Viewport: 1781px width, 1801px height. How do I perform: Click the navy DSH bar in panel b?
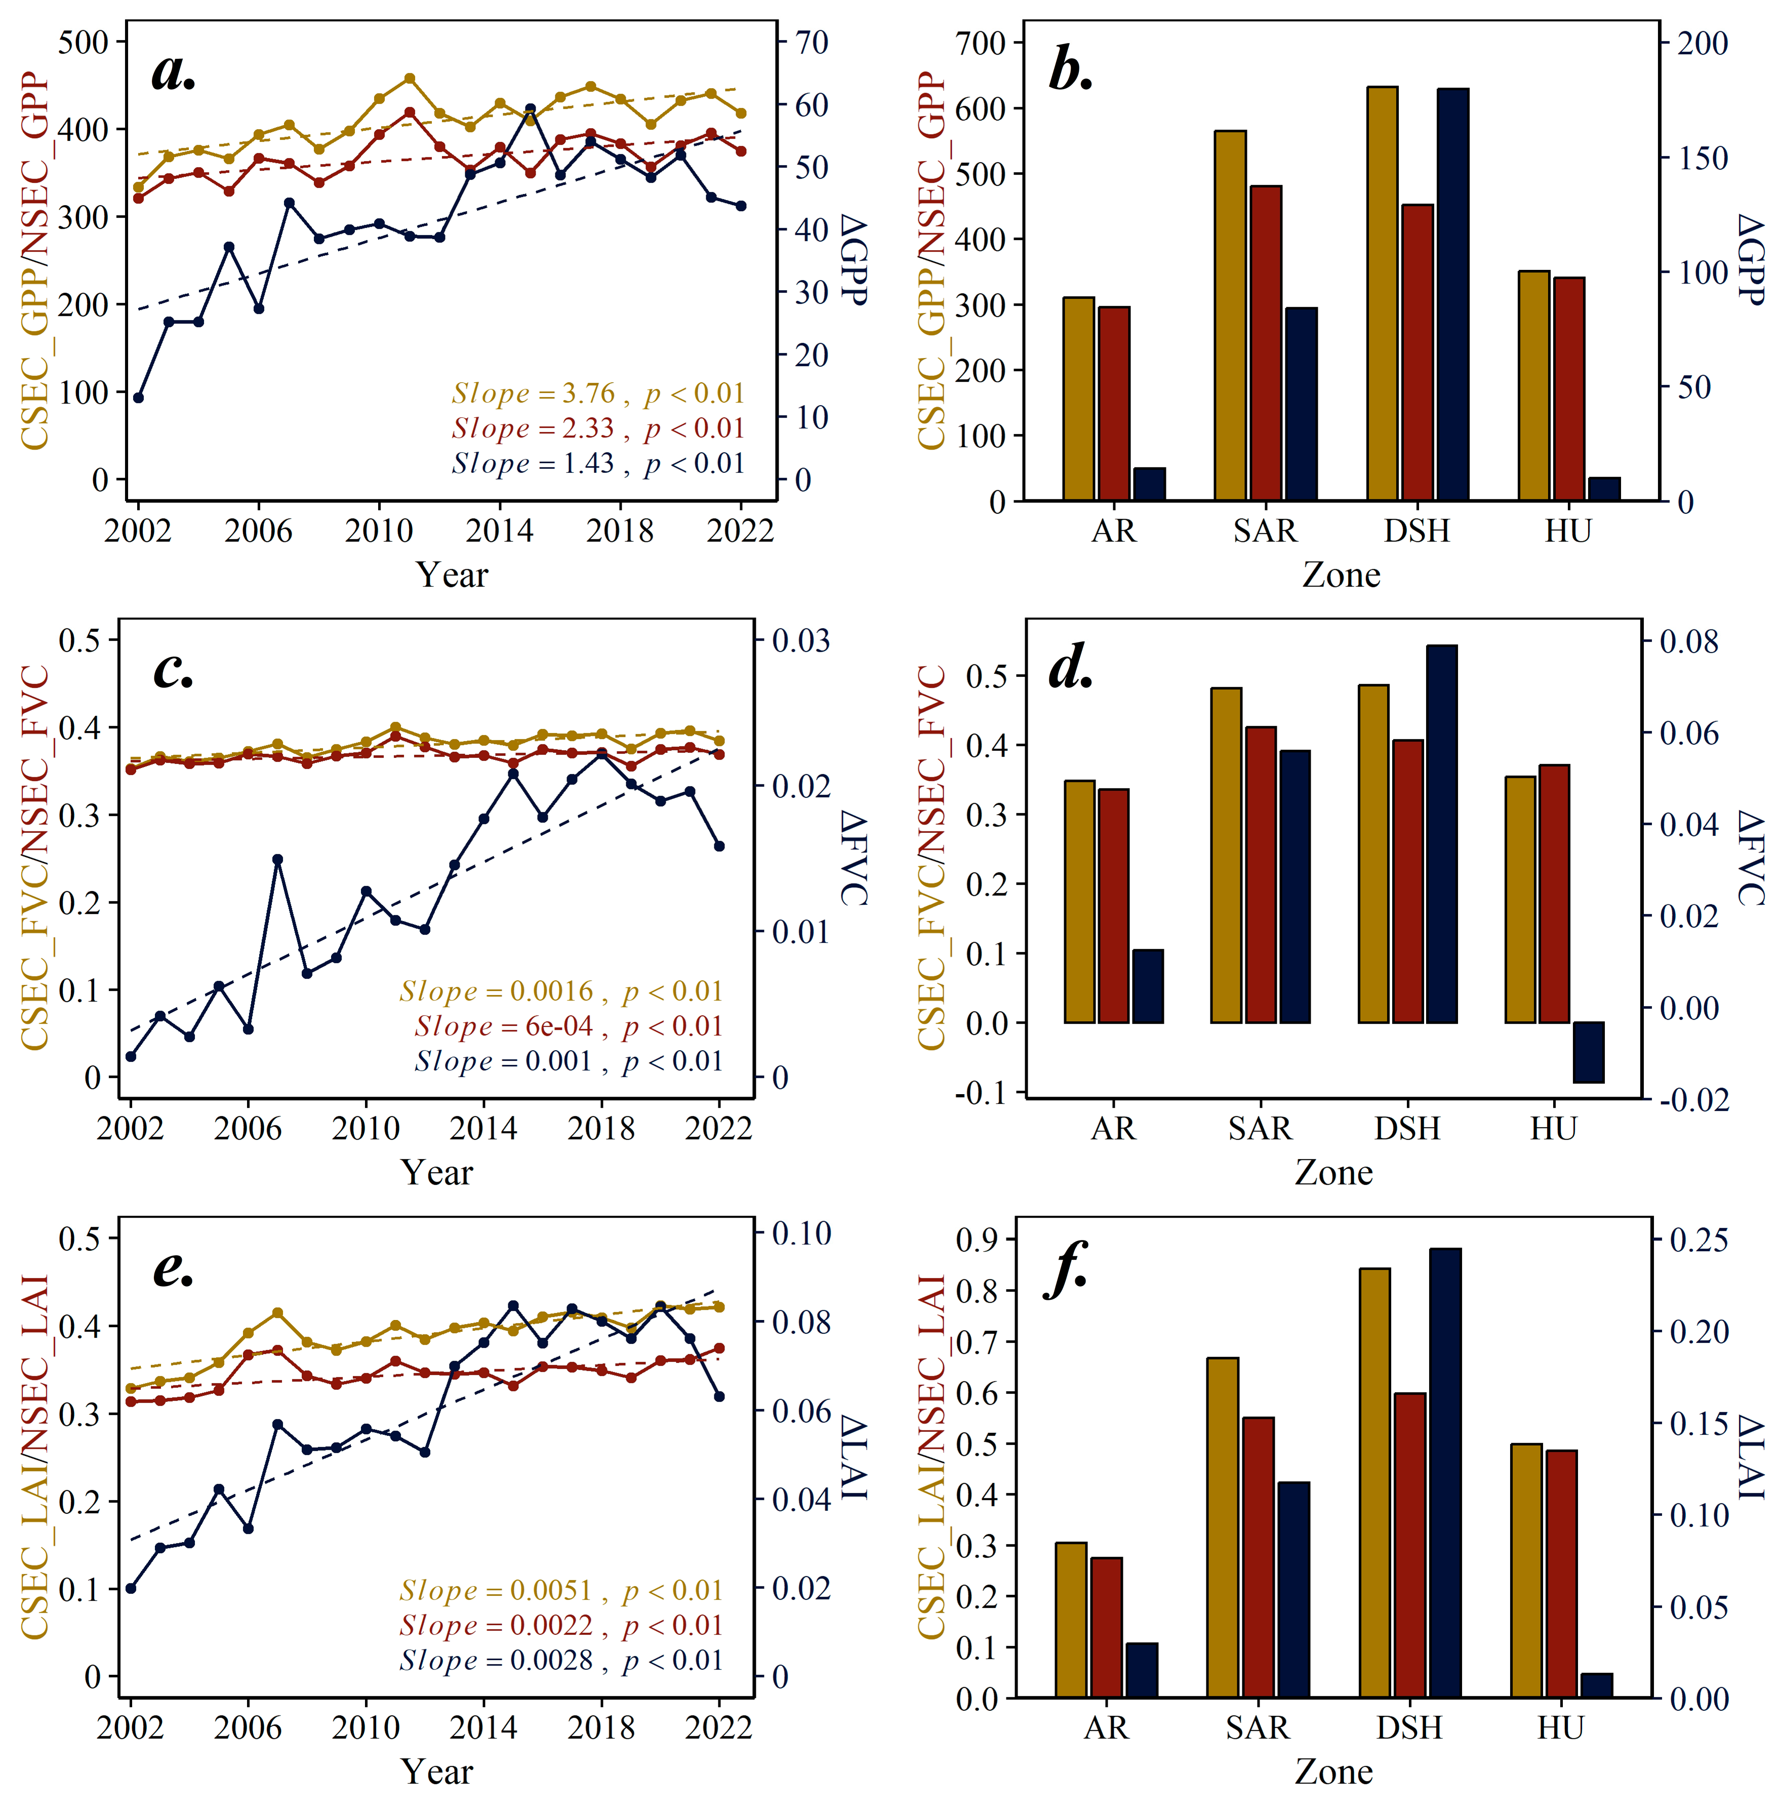coord(1452,295)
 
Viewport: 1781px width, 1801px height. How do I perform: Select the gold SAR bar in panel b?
coord(1230,315)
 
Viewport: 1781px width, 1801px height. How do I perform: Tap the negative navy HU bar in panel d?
coord(1588,1053)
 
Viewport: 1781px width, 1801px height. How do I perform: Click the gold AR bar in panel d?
coord(1079,901)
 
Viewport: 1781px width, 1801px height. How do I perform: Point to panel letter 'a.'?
coord(174,73)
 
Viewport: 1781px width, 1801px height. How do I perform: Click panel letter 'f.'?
coord(1068,1270)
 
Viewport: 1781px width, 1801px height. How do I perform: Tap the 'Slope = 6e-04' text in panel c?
coord(503,1026)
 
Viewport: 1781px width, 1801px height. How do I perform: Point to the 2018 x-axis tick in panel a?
coord(620,531)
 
